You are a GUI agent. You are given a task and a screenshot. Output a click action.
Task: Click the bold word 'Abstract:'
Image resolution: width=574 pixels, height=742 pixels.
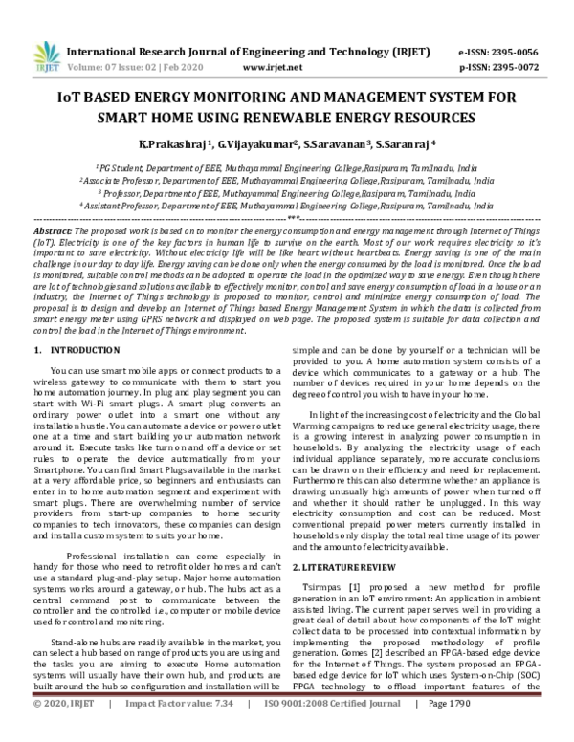[x=52, y=232]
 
